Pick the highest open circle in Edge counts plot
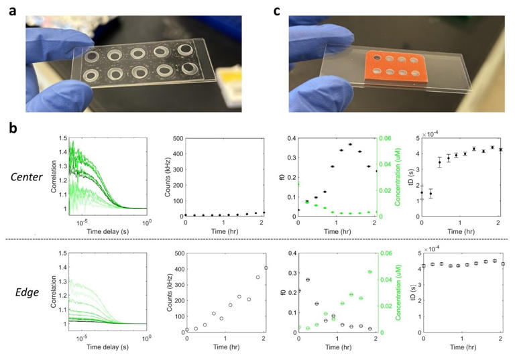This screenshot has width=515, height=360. [x=266, y=268]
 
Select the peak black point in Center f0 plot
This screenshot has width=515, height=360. [x=350, y=145]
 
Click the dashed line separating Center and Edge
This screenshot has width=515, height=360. [x=268, y=239]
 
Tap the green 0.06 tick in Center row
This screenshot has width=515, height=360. [x=388, y=138]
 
